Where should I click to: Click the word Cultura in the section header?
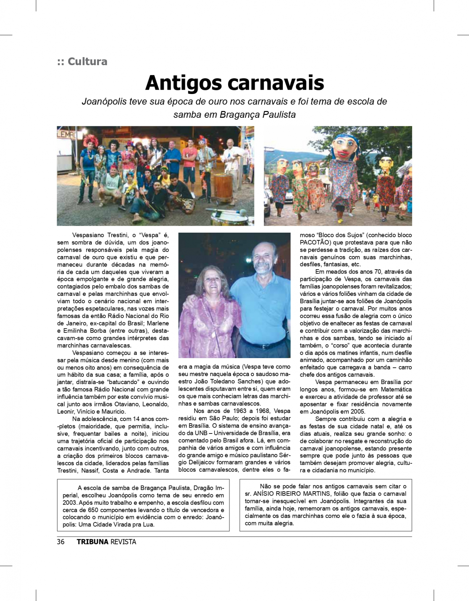(88, 61)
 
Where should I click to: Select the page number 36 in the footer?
(61, 542)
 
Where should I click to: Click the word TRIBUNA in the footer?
(92, 542)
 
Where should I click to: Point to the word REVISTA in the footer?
(123, 542)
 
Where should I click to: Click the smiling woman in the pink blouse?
(210, 304)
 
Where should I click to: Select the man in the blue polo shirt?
(261, 293)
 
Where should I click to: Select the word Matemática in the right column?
(396, 390)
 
